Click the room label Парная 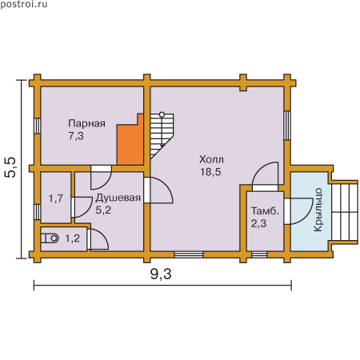(x=86, y=123)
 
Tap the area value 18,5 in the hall (x=210, y=172)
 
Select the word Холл (x=211, y=159)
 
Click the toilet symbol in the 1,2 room (x=50, y=238)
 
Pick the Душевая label (x=118, y=198)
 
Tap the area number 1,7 (x=56, y=198)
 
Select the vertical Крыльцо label (x=318, y=210)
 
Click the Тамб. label (x=265, y=211)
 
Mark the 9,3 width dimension (x=161, y=274)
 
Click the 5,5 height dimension (x=10, y=167)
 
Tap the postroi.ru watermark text (x=24, y=4)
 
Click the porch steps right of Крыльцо (x=345, y=212)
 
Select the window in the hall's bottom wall (x=189, y=254)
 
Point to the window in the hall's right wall (x=287, y=125)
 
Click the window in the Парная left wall (x=38, y=126)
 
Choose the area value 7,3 (x=76, y=136)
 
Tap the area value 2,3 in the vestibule (x=258, y=223)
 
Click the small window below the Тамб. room (x=259, y=254)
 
